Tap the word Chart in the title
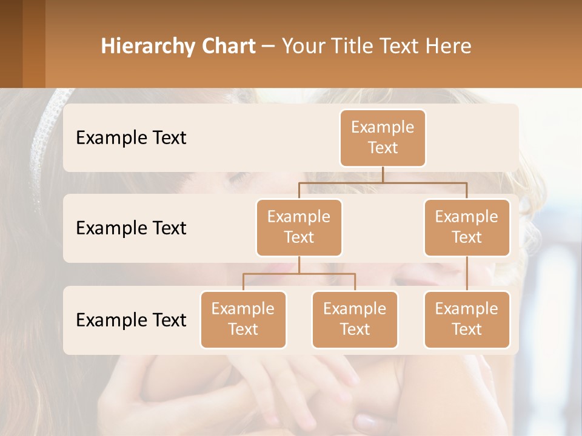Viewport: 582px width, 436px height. pos(227,46)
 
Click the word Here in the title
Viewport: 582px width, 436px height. pos(449,46)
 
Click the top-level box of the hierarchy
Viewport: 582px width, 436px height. pos(383,137)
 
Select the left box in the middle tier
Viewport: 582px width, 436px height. pos(299,227)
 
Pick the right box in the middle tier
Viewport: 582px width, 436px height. pos(467,227)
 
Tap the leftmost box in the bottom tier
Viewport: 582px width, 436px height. pos(243,319)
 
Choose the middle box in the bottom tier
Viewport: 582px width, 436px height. pos(355,319)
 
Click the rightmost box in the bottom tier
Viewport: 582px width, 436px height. pos(467,319)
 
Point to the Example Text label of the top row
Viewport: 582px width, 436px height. pos(131,137)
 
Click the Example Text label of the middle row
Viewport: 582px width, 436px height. pos(131,228)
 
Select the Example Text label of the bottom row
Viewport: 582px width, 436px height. pos(131,320)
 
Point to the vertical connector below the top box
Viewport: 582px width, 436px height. pos(383,174)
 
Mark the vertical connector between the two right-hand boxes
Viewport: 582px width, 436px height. pos(467,274)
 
